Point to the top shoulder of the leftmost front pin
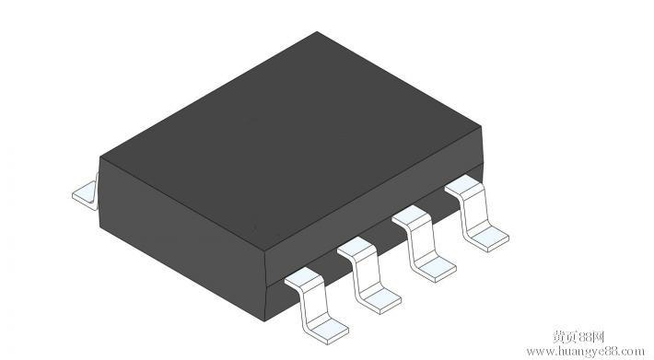(302, 276)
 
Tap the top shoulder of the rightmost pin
(463, 189)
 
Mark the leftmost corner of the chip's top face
(100, 157)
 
